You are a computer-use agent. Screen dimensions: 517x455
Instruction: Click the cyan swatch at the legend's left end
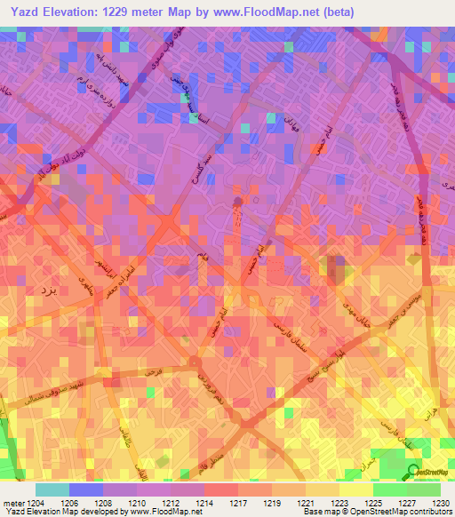[52, 489]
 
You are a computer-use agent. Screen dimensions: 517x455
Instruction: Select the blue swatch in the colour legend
[85, 489]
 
